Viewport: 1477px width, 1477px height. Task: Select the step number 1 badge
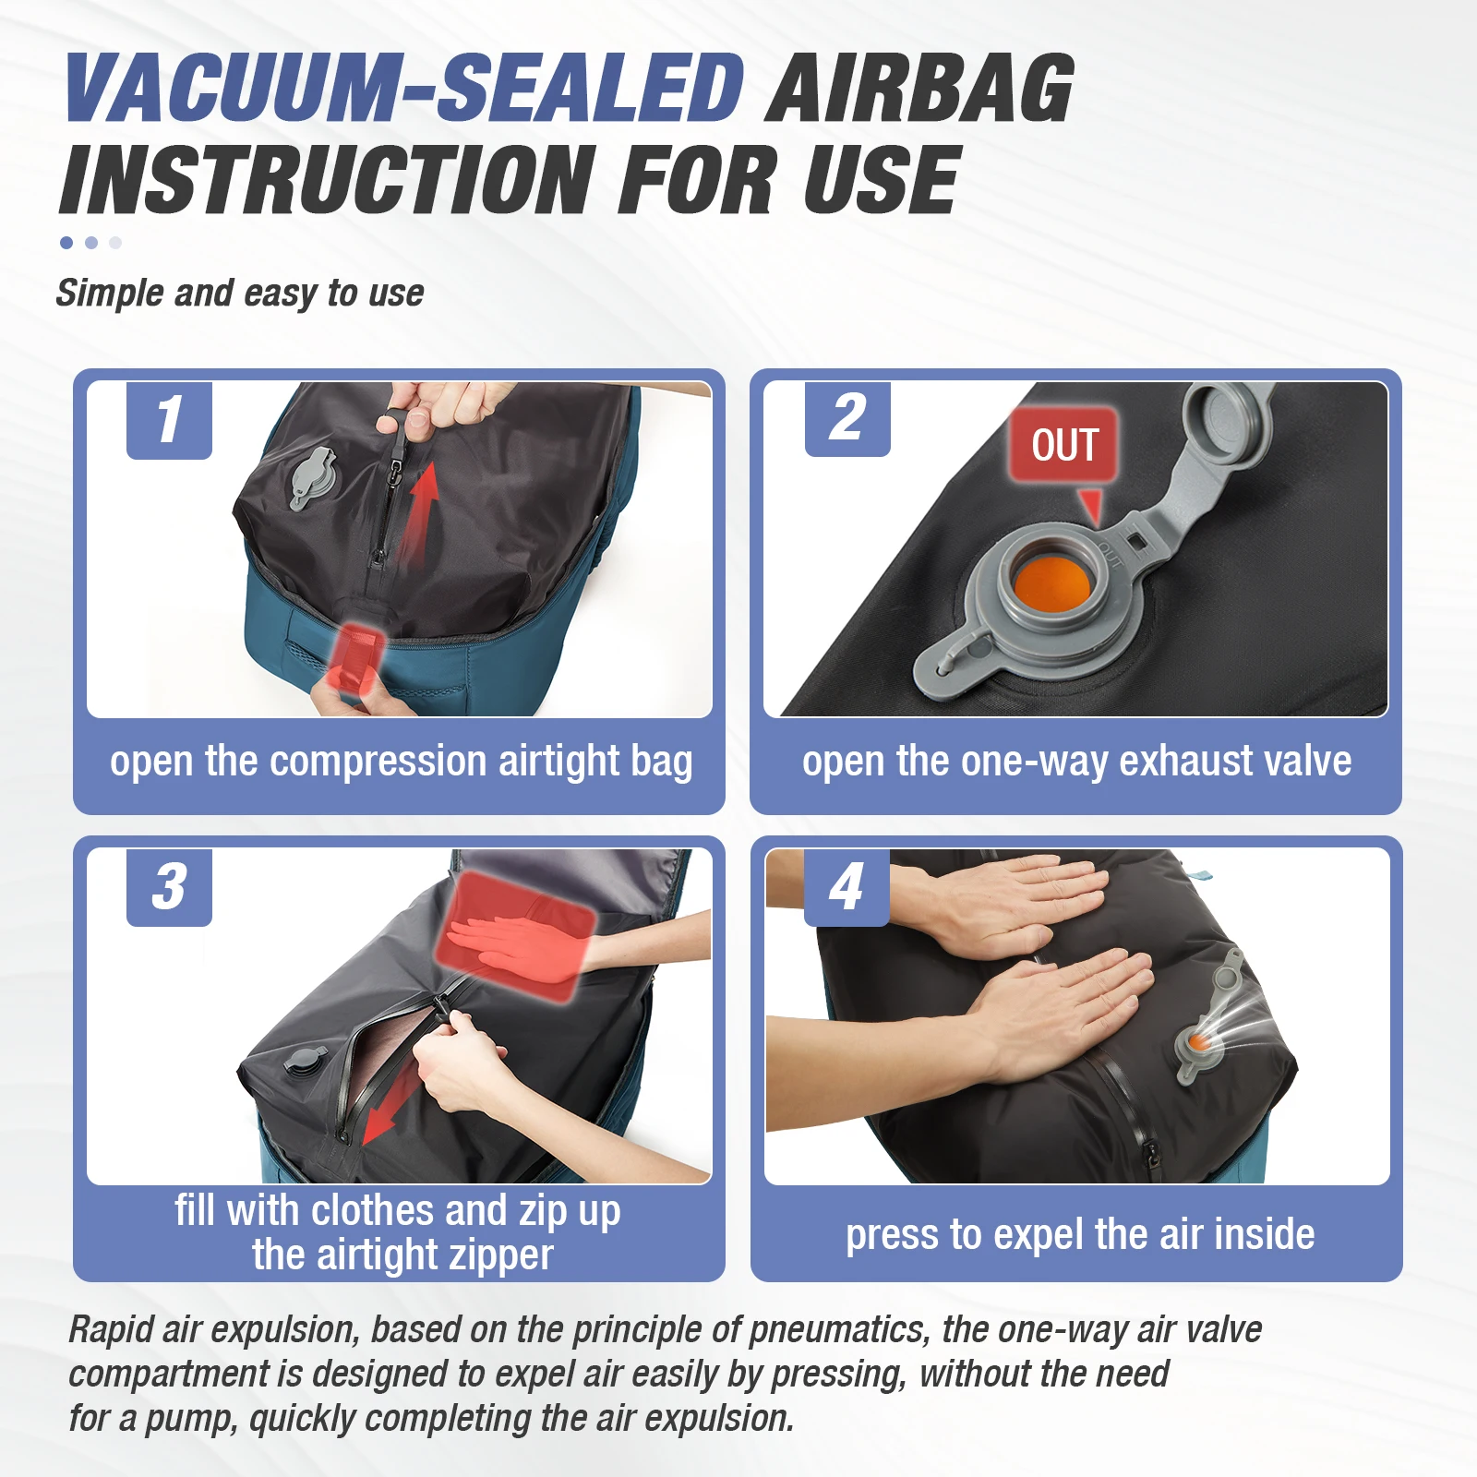click(x=169, y=420)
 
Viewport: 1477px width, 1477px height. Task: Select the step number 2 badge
click(x=847, y=418)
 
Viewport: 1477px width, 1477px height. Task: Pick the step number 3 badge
click(x=169, y=887)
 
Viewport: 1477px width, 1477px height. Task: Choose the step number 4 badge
click(x=847, y=887)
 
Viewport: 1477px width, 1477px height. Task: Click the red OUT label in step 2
click(x=1064, y=445)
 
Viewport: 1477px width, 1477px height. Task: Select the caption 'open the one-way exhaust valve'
click(x=1076, y=762)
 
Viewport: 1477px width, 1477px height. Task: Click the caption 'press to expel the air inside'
click(x=1080, y=1234)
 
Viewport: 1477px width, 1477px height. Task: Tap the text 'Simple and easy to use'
click(x=240, y=294)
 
